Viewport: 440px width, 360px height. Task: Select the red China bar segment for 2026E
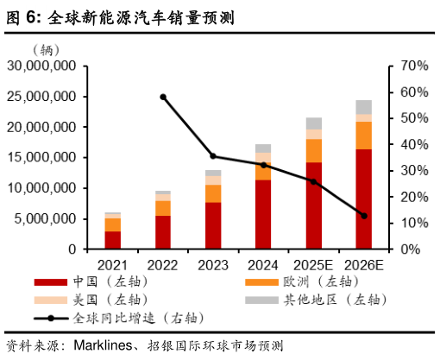tap(363, 199)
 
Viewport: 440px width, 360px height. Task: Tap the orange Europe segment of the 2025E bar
tap(314, 150)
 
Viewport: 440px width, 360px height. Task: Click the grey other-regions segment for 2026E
tap(363, 107)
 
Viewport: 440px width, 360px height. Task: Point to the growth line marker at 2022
tap(163, 97)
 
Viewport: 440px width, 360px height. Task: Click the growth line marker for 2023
tap(213, 156)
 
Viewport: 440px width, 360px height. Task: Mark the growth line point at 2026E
tap(363, 216)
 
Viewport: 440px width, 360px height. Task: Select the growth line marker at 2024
tap(263, 164)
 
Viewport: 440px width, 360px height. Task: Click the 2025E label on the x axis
tap(313, 263)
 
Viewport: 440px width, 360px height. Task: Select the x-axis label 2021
tap(113, 263)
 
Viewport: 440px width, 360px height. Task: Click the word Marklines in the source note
tap(103, 345)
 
